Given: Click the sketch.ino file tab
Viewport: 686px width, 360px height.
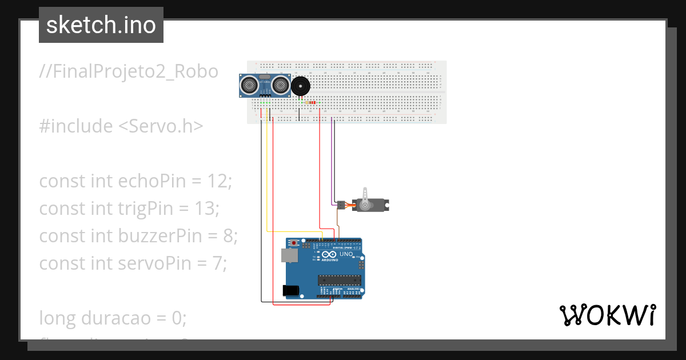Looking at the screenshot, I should pos(101,25).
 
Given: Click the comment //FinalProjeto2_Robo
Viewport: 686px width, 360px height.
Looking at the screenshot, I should pos(129,72).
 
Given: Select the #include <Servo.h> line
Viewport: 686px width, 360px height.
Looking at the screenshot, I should pos(121,126).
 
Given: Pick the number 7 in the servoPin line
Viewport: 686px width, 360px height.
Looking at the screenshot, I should pos(222,263).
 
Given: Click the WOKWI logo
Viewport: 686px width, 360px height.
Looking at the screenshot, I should pos(607,315).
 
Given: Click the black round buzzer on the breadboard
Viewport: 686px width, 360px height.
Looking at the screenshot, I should pos(301,87).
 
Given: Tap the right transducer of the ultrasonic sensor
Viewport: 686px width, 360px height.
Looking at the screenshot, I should pos(280,85).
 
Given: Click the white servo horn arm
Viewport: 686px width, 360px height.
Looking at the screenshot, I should pos(365,195).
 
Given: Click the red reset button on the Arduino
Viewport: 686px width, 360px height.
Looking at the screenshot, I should pos(294,243).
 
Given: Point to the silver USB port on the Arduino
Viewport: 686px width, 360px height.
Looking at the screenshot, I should pos(290,257).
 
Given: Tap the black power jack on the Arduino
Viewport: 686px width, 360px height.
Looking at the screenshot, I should pos(292,291).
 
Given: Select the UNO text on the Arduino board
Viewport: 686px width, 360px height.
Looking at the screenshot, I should pos(346,254).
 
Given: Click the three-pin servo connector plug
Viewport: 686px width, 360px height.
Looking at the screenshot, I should pos(341,204).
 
